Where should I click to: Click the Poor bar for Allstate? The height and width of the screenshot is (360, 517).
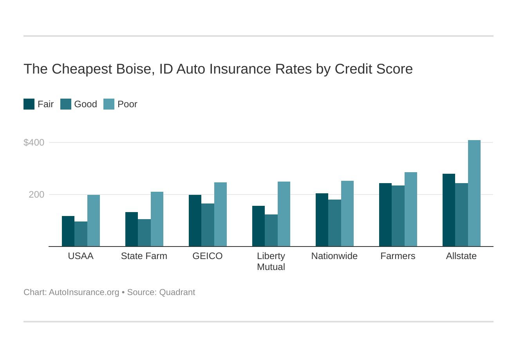coord(474,193)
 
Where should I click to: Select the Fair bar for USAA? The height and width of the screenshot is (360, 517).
coord(68,231)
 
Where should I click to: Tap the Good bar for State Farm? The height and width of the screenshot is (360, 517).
coord(144,233)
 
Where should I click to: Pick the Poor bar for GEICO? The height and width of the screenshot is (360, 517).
coord(220,214)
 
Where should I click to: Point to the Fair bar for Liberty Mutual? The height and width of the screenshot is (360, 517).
coord(258,226)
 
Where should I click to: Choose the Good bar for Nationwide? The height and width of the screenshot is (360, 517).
coord(334,223)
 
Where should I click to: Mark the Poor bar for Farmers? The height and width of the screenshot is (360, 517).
coord(410,209)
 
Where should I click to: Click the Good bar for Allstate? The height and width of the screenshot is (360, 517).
coord(461,215)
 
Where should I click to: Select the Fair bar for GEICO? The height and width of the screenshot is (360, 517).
coord(195,221)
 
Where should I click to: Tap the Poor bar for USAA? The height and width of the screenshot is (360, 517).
coord(93,221)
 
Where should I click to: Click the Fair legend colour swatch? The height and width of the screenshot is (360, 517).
coord(29,104)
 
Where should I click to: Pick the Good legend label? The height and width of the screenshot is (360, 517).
coord(85,104)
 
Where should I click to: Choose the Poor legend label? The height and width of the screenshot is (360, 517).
coord(127,104)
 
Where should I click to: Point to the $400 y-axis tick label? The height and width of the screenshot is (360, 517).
coord(34,142)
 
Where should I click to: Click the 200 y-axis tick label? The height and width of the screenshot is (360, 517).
coord(36,194)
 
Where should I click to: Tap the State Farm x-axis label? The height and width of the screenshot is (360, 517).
coord(144,256)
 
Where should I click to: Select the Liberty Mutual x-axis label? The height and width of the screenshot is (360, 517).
coord(271,261)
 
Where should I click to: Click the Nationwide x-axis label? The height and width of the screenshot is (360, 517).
coord(334,256)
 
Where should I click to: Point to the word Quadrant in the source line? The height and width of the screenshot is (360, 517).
coord(177,292)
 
